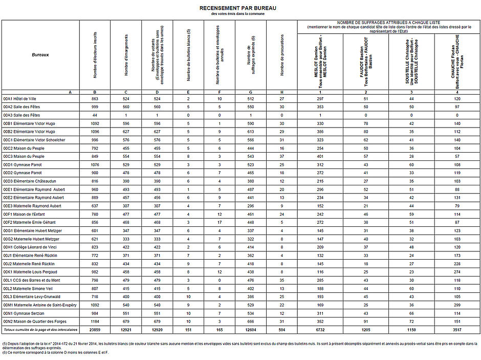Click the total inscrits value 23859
95,330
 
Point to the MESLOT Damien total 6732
320,330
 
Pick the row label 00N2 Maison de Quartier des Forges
35,322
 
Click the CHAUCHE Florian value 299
457,305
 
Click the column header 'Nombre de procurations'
282,56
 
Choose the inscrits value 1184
95,322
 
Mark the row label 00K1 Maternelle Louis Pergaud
30,271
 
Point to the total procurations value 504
282,330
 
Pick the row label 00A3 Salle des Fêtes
21,115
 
